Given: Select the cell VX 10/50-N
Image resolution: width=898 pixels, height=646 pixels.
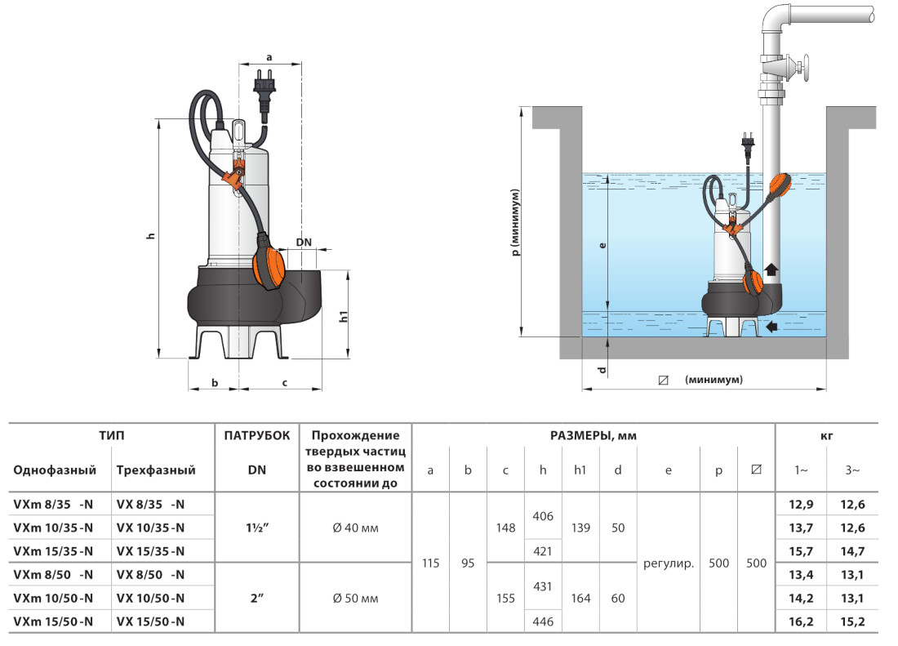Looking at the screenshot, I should click(150, 598).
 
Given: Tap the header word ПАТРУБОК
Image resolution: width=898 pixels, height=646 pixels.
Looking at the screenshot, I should click(256, 436).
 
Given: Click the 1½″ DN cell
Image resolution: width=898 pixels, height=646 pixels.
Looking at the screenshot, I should click(256, 528).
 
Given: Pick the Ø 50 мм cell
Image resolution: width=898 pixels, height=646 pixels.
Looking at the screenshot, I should click(355, 599).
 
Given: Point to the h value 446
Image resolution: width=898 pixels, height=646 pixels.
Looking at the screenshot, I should click(543, 621).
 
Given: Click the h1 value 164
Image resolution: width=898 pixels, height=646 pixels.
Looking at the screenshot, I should click(580, 599).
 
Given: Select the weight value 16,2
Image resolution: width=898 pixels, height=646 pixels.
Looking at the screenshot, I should click(800, 621).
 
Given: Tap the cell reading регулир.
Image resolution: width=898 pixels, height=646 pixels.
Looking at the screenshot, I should click(669, 564).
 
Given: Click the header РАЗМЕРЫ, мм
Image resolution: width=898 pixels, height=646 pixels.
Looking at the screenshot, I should click(593, 436).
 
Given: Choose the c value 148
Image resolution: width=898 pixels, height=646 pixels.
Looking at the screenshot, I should click(505, 528).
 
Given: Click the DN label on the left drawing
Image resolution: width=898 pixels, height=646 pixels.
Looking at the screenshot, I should click(304, 243).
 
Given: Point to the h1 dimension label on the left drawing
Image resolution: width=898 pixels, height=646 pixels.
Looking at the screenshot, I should click(344, 315).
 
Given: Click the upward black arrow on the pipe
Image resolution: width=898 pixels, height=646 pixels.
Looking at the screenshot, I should click(771, 270).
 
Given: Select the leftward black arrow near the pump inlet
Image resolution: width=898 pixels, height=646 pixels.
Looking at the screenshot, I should click(771, 327).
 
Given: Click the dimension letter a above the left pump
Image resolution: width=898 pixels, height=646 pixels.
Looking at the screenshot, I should click(269, 57).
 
